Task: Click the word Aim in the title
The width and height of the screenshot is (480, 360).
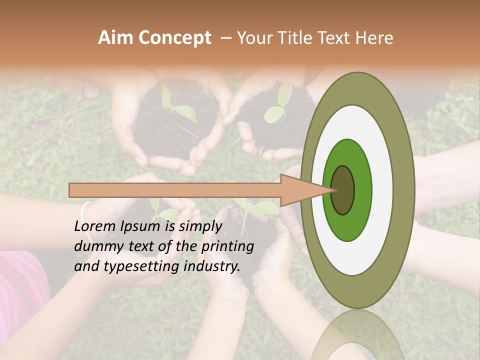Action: [x=116, y=38]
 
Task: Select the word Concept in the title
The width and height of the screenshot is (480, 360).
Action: [x=174, y=38]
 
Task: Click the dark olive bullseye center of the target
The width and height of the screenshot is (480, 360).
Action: [x=343, y=190]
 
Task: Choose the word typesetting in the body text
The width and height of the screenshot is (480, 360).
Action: [x=141, y=266]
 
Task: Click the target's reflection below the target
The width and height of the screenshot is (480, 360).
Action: [x=357, y=337]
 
